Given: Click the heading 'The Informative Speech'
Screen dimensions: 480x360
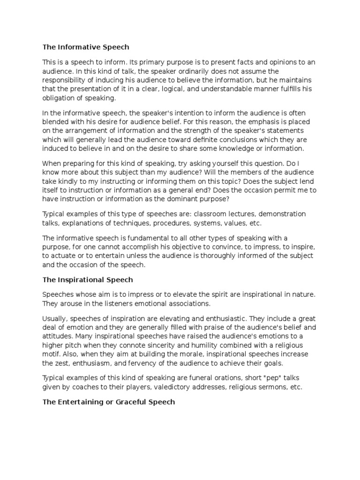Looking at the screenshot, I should [x=86, y=47].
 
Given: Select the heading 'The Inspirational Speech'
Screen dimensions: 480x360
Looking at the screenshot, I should [x=88, y=280].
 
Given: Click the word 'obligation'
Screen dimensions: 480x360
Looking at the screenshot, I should [x=59, y=98].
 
